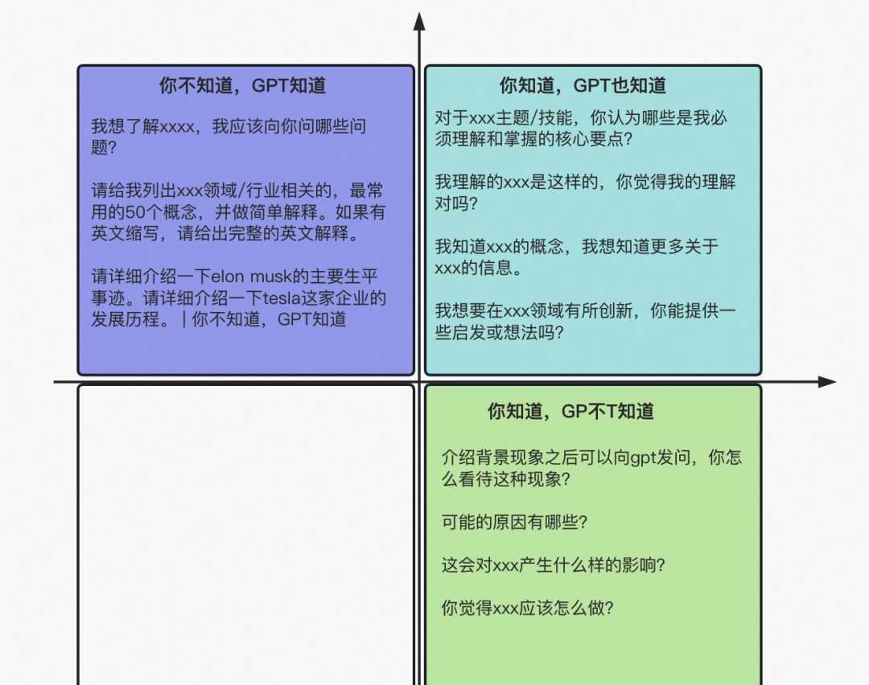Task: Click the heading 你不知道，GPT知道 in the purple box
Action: click(x=242, y=86)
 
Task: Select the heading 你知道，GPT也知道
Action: click(x=583, y=86)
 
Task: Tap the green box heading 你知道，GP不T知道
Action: click(x=570, y=412)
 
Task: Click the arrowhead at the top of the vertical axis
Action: click(x=419, y=21)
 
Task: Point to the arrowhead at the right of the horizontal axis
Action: click(x=827, y=382)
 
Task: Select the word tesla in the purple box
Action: click(x=282, y=298)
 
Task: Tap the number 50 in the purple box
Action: click(x=135, y=212)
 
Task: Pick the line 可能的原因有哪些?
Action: click(x=514, y=523)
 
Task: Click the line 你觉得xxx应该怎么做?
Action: click(x=528, y=608)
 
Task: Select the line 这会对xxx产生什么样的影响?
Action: click(x=553, y=565)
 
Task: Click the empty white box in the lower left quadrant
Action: click(x=246, y=535)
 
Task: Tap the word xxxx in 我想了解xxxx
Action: click(x=176, y=127)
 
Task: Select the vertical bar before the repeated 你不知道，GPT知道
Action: click(x=184, y=319)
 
